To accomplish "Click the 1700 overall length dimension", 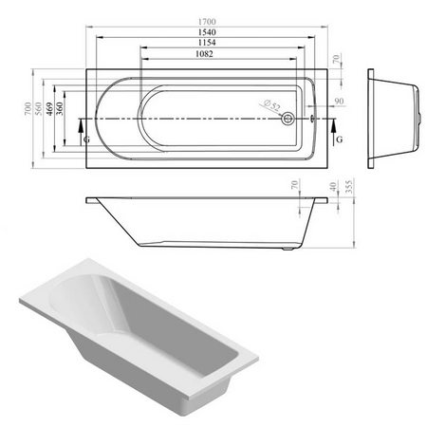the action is coord(207,22).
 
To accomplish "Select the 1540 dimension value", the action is coord(207,32).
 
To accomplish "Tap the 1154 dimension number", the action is coord(207,43).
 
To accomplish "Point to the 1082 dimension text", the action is coord(204,54).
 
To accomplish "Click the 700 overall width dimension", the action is coord(28,108).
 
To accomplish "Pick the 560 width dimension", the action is coord(38,108).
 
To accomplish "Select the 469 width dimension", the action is coord(49,108).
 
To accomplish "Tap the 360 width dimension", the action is coord(60,108).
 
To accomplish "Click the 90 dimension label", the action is coord(339,102).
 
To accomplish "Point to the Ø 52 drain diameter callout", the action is coord(271,105).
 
